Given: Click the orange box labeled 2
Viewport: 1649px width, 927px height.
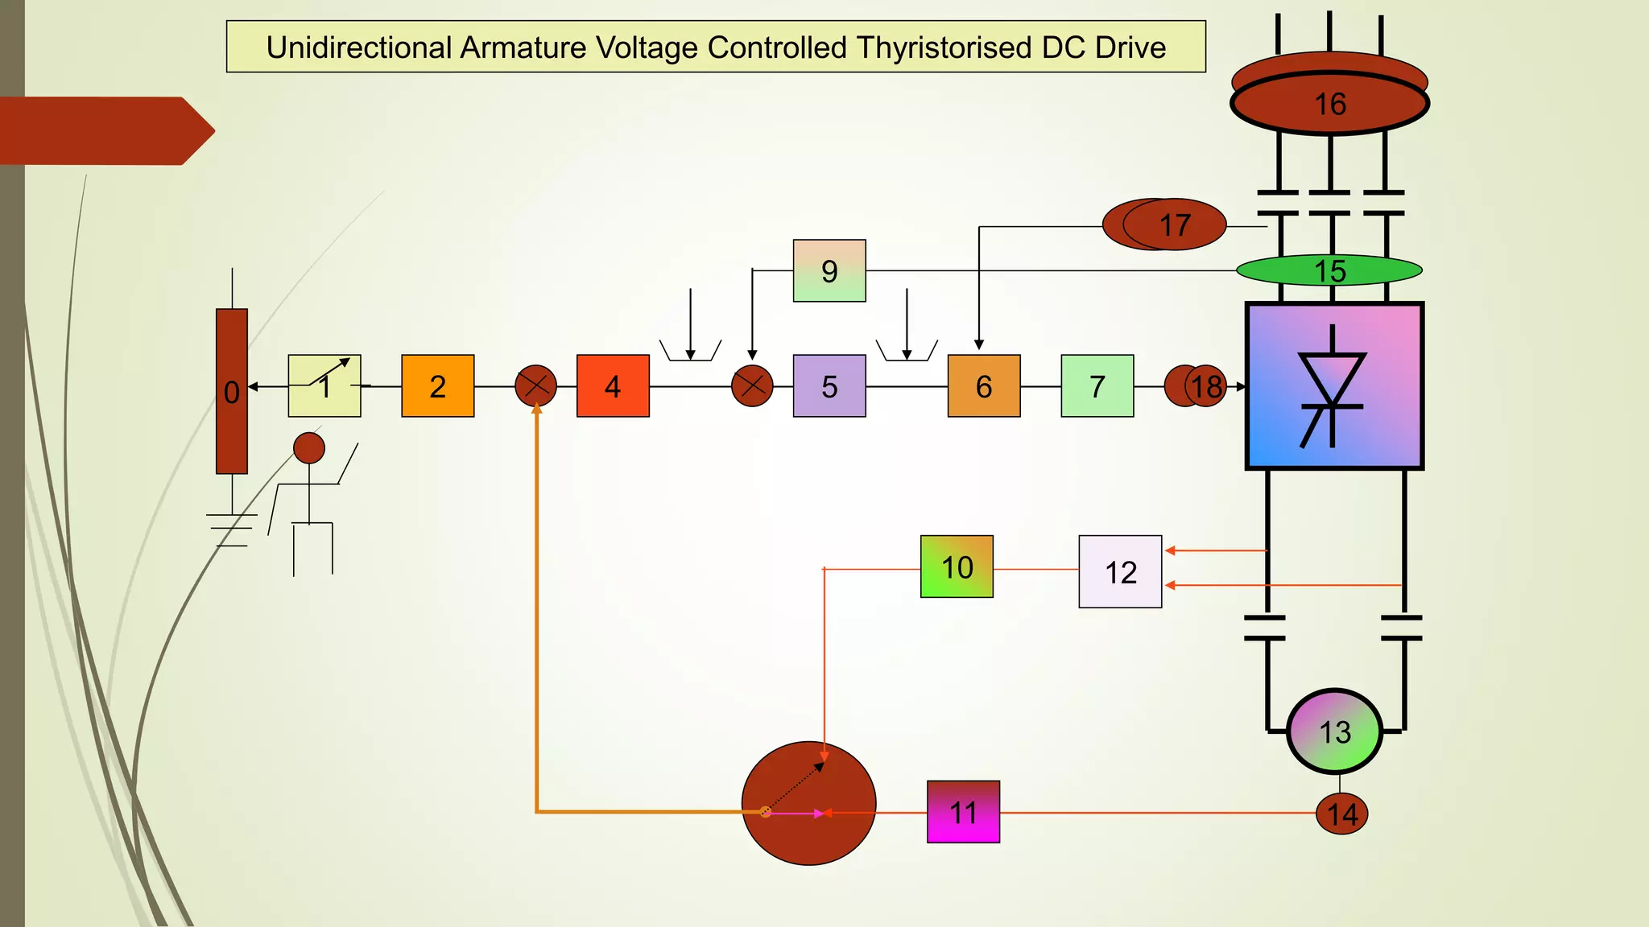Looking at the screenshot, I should [437, 386].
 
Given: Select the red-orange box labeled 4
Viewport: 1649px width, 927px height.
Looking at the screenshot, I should [613, 386].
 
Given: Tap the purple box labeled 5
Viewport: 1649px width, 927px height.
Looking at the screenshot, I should [829, 386].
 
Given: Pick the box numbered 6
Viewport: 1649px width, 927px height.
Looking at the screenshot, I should [984, 386].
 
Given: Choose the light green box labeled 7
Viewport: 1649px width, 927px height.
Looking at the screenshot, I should [1097, 386].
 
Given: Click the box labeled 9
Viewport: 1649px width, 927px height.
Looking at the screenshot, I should [829, 270].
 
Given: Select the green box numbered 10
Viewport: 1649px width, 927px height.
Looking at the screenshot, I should [957, 566].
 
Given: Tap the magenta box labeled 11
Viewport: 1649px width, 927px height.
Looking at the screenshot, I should [963, 812].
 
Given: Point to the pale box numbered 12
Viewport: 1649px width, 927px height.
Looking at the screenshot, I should [1120, 571].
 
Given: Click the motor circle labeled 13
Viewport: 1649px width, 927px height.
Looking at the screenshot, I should [1334, 731].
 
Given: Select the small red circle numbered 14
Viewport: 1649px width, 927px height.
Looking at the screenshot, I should [1341, 814].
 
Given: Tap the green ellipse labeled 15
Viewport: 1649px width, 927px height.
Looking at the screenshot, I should [1329, 270].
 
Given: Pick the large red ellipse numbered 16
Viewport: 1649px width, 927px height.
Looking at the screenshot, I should [1329, 103].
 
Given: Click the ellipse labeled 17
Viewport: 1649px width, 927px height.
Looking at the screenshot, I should [1174, 225].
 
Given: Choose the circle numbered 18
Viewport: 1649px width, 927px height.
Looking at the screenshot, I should [1205, 386].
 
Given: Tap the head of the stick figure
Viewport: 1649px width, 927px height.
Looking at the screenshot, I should [308, 448].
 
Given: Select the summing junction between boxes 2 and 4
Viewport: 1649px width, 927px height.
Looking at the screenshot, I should [535, 386].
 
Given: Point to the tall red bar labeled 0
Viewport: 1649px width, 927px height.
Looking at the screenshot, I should [232, 391].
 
